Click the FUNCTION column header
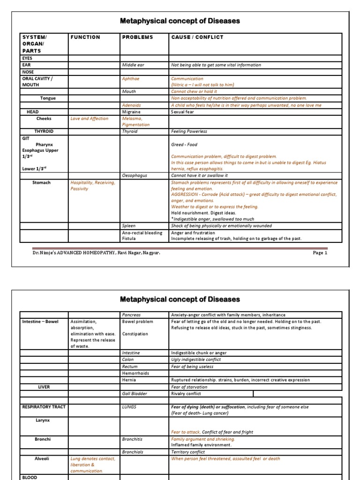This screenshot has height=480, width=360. tap(85, 37)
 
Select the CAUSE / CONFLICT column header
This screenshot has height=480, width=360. tap(197, 37)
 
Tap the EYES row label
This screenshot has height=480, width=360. tap(28, 58)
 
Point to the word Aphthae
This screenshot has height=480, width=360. tap(130, 79)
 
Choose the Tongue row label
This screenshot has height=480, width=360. tap(48, 98)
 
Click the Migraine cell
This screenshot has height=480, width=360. tap(131, 112)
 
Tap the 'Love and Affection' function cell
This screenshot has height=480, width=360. tap(89, 119)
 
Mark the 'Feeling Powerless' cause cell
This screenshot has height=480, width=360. tap(189, 132)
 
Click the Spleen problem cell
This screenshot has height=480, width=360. tap(129, 226)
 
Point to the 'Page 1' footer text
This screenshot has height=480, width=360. tap(320, 253)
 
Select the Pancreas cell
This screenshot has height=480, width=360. tap(132, 315)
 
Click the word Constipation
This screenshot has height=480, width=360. tap(135, 334)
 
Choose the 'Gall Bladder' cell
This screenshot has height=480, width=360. tap(134, 394)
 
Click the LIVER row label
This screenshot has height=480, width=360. tap(44, 387)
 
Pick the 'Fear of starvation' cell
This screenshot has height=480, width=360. tap(190, 387)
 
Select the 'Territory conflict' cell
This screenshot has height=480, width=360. tap(188, 452)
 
